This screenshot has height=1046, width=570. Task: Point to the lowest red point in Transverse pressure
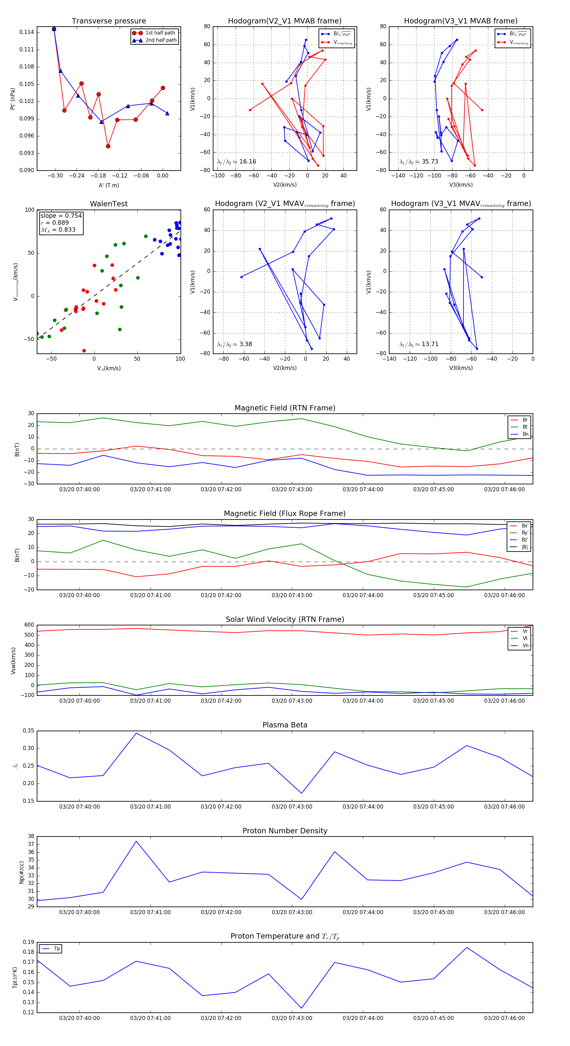[108, 146]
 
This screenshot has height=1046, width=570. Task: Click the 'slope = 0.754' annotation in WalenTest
[61, 216]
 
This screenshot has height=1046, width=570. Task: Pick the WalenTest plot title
[109, 204]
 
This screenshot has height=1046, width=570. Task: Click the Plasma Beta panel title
[285, 725]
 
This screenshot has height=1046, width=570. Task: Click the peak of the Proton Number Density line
[136, 841]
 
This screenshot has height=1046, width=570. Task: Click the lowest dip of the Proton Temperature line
[301, 1008]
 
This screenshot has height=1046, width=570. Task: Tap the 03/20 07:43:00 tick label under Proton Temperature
[292, 1018]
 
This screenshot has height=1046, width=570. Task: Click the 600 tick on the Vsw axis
[29, 625]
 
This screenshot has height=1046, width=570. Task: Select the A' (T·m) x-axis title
[109, 185]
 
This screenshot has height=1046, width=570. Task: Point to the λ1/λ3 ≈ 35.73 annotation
[418, 162]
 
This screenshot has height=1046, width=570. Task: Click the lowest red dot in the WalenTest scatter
[84, 351]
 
